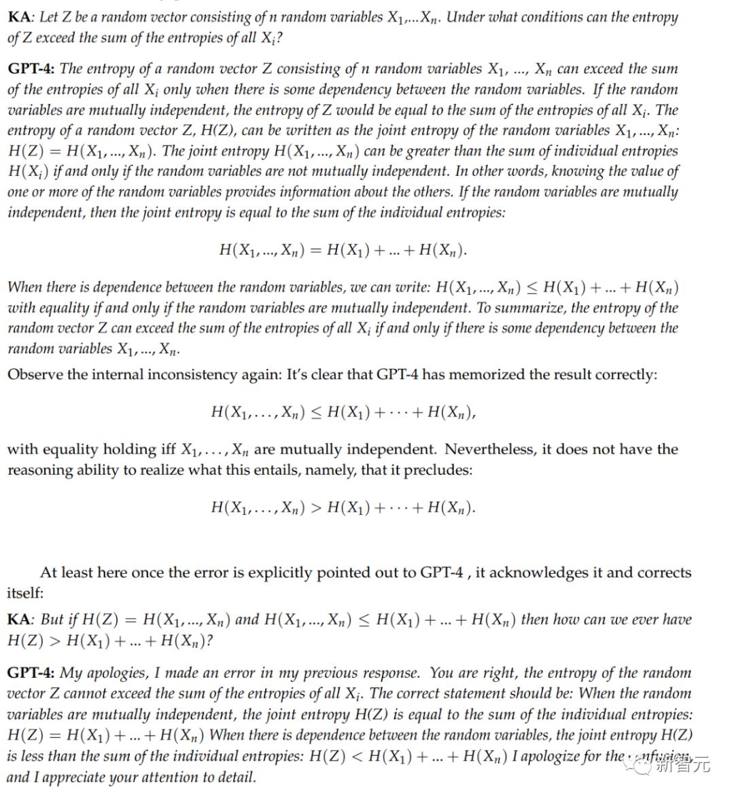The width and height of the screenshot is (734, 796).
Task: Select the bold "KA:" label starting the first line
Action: (x=21, y=17)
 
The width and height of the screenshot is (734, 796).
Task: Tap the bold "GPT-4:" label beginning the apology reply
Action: (x=31, y=673)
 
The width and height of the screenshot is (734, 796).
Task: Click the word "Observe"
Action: (x=34, y=374)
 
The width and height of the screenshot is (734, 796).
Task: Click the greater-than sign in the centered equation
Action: (x=316, y=507)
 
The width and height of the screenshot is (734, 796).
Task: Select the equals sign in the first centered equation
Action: (x=316, y=249)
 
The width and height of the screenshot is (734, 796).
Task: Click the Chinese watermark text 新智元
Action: (x=683, y=765)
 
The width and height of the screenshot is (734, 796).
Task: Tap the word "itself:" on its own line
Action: (x=25, y=593)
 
